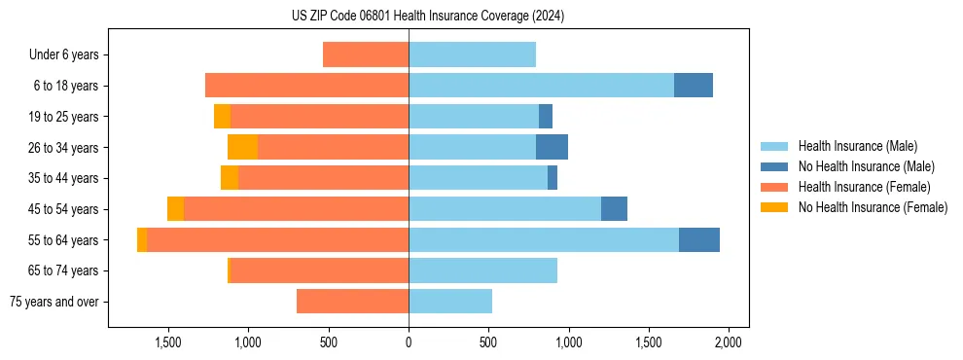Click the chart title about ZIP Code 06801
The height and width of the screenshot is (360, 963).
pos(428,16)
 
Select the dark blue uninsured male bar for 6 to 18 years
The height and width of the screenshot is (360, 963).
pos(694,86)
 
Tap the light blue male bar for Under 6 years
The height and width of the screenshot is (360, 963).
pos(472,54)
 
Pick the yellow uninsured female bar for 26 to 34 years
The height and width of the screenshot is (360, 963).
pos(242,147)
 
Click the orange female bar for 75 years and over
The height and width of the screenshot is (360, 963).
pos(352,302)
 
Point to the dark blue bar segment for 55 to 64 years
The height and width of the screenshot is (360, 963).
pos(699,239)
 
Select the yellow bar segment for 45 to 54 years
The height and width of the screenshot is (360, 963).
pos(175,209)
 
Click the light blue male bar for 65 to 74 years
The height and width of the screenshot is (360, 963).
pos(482,270)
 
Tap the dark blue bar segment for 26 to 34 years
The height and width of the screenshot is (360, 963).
pos(552,147)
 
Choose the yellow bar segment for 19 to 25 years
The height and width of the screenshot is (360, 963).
pos(222,117)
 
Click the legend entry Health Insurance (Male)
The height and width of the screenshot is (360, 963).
pos(857,146)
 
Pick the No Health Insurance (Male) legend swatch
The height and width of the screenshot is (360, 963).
pos(774,166)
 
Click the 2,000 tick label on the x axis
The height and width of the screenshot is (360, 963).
pos(729,342)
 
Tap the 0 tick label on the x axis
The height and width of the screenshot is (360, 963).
pos(409,342)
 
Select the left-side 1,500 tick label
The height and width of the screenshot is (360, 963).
pos(168,342)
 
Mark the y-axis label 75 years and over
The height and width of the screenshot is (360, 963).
pos(54,302)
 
